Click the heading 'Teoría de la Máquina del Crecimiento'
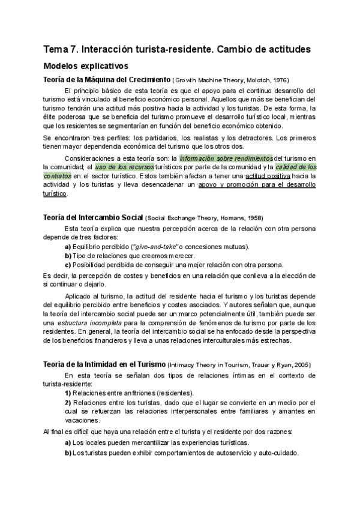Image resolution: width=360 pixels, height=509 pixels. [x=107, y=80]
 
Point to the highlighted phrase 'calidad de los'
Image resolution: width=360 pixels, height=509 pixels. [x=296, y=167]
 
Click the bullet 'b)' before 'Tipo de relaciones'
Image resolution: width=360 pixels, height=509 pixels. [x=68, y=256]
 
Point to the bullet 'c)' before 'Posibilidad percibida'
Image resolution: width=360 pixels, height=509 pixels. [x=68, y=265]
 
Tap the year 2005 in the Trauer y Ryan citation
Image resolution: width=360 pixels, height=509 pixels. [x=301, y=365]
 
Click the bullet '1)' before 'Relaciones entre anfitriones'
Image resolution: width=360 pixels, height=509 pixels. [x=68, y=393]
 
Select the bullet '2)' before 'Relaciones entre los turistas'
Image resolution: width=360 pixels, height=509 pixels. [x=68, y=402]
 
